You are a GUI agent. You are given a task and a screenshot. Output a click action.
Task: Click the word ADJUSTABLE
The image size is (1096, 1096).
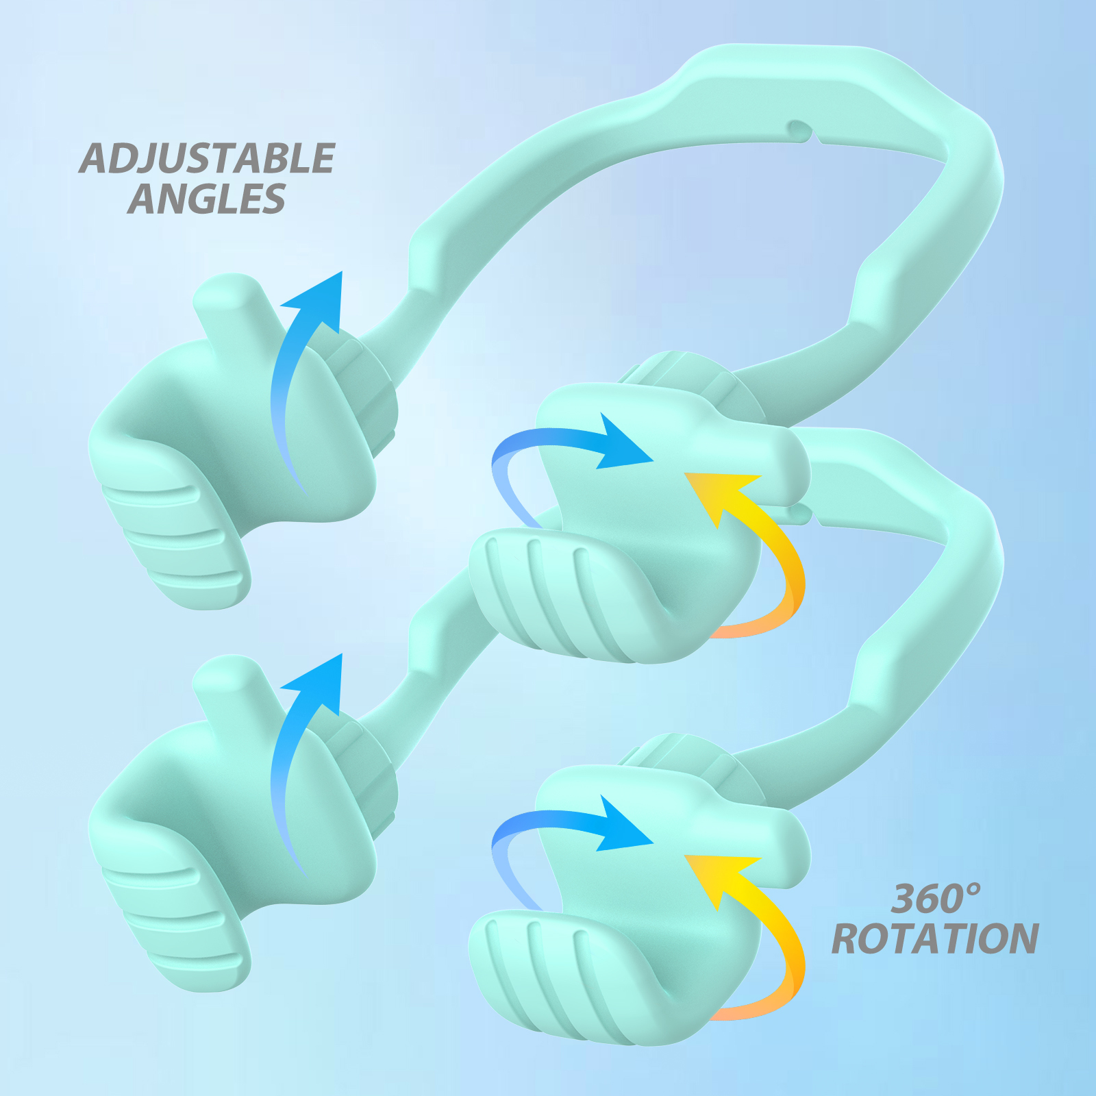coord(207,158)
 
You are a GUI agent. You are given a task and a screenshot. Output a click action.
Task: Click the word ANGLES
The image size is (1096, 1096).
coord(206,199)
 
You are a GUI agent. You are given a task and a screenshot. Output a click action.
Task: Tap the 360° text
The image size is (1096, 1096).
coord(936,899)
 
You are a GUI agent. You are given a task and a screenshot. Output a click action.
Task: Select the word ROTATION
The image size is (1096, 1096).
coord(935,938)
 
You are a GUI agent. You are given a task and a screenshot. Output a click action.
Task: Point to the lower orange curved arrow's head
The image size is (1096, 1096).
coord(719,877)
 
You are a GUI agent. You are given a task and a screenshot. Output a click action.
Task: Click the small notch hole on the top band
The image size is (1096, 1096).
coord(799,129)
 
